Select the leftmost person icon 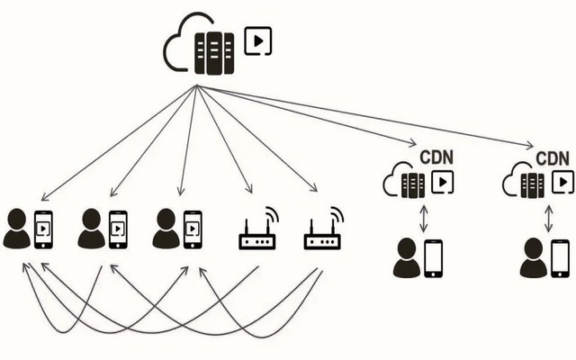[x=16, y=229]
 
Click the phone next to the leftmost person [x=42, y=229]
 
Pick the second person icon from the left [x=92, y=229]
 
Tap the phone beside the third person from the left [x=191, y=229]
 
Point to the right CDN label [x=553, y=158]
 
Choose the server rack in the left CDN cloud [x=413, y=185]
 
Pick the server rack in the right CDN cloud [x=533, y=185]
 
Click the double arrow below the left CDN [x=422, y=218]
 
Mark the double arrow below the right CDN [x=548, y=218]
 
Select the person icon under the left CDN [x=407, y=259]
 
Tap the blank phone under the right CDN [x=560, y=258]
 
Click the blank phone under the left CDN [x=434, y=258]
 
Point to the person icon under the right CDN [x=533, y=259]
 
